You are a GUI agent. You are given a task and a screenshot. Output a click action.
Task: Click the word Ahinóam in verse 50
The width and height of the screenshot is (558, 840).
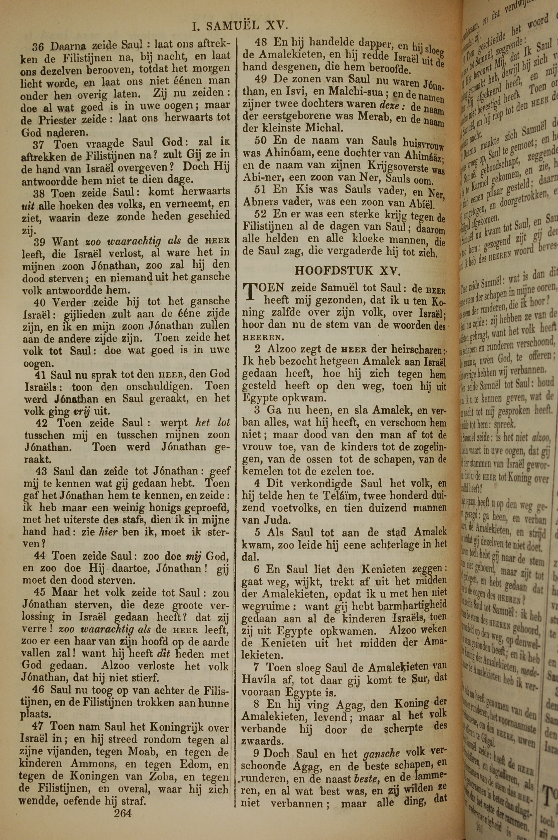(283, 154)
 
